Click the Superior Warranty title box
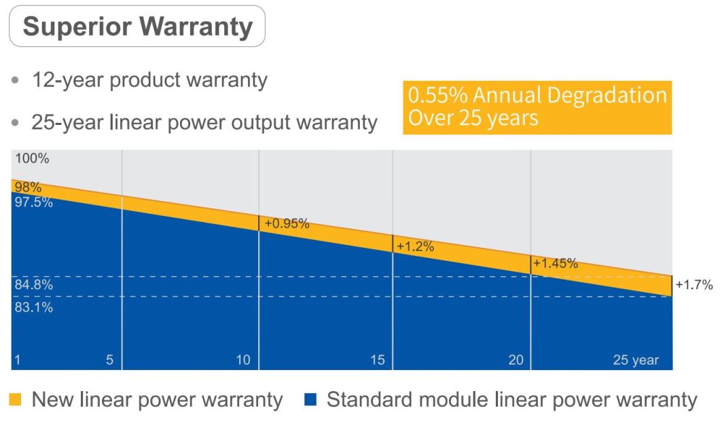click(137, 26)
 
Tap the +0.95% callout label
click(287, 223)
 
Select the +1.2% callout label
click(415, 246)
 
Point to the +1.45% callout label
click(556, 263)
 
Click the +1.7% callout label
click(694, 285)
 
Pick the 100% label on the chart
click(31, 159)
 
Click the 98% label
click(28, 187)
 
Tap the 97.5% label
click(33, 202)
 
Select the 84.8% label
click(33, 285)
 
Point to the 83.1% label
click(33, 307)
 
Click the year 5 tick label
click(109, 360)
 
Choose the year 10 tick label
click(243, 360)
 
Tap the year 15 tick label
click(378, 360)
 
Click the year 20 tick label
click(516, 360)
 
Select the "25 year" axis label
click(636, 360)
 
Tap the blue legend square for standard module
click(311, 400)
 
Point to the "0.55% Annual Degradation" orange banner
click(537, 107)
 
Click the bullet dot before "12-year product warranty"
click(16, 81)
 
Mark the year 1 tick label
click(18, 360)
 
